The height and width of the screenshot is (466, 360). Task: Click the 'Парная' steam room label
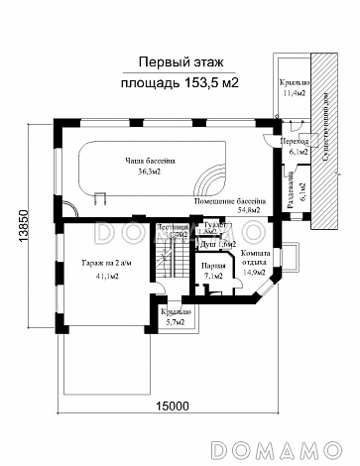[210, 265]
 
